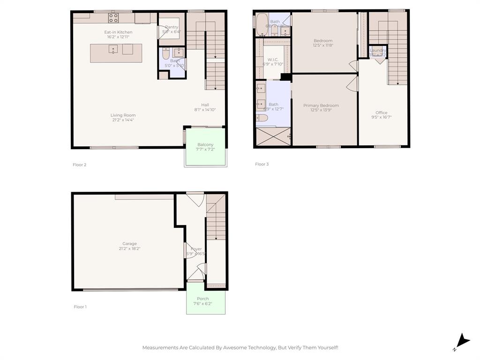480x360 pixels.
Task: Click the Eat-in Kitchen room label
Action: [118, 32]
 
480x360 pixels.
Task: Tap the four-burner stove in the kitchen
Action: [114, 18]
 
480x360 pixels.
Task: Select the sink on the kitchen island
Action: [113, 49]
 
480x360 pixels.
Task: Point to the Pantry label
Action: [171, 27]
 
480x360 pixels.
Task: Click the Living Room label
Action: [123, 115]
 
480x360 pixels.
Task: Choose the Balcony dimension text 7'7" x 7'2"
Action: [205, 149]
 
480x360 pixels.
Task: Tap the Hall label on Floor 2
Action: [205, 105]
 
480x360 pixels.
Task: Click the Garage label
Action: [129, 244]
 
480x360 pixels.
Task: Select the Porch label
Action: [203, 299]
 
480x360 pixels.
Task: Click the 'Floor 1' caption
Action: [80, 307]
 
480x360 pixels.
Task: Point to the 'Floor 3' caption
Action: [262, 164]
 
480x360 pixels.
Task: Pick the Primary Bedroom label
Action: [321, 105]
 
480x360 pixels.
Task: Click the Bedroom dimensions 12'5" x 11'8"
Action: [323, 45]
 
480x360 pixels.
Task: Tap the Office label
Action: [382, 112]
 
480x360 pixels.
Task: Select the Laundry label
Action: [378, 50]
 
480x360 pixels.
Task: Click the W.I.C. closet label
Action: [273, 60]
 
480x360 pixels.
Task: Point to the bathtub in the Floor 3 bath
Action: [261, 24]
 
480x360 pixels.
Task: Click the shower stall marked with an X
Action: [274, 137]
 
